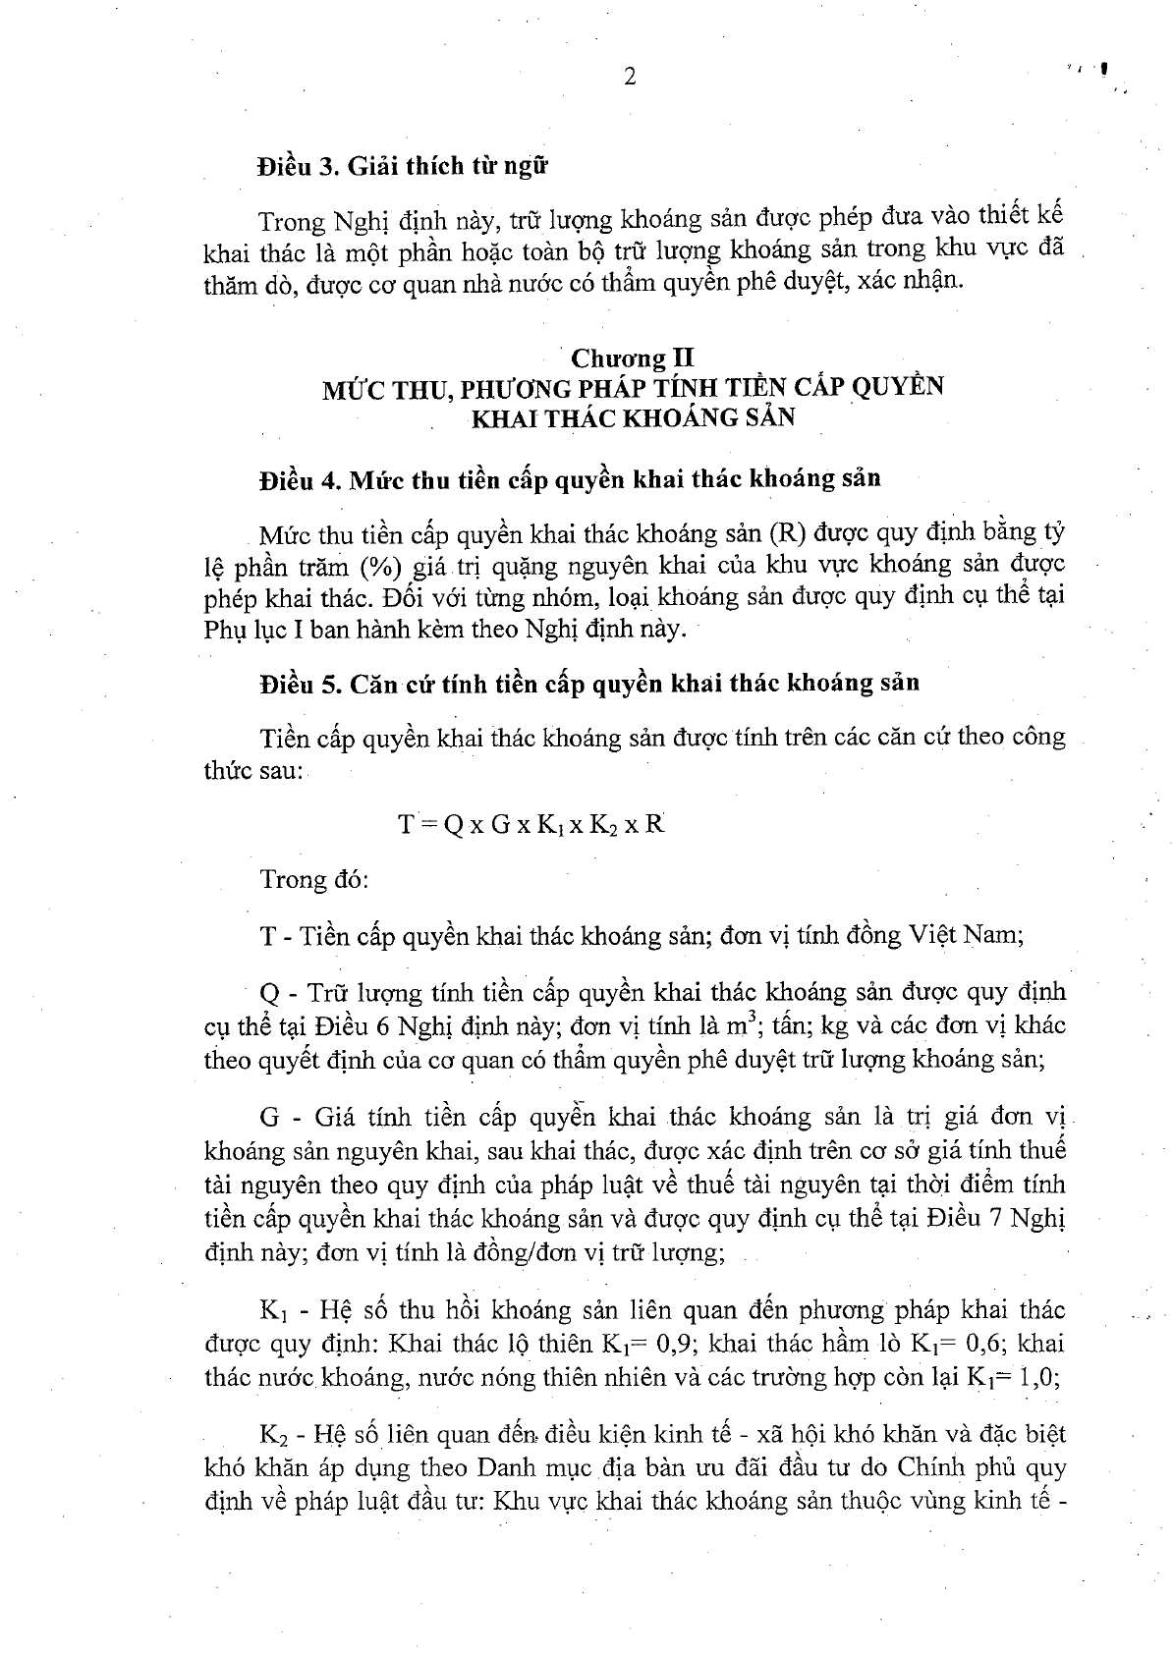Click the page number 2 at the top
630,77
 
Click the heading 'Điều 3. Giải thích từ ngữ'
402,164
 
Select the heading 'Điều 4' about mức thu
570,479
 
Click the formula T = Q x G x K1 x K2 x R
531,824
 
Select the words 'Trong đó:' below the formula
313,878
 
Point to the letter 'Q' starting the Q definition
270,992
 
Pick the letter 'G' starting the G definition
270,1118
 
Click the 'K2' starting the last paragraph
274,1436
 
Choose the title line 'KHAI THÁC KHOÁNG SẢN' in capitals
634,416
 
